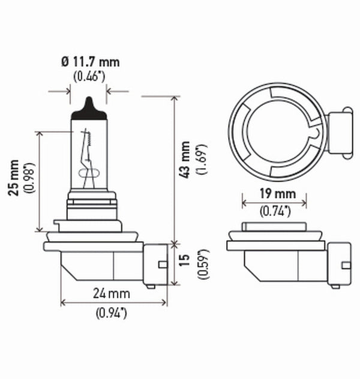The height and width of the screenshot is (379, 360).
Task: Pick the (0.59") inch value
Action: (x=202, y=263)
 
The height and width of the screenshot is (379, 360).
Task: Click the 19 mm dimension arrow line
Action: (x=274, y=203)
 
